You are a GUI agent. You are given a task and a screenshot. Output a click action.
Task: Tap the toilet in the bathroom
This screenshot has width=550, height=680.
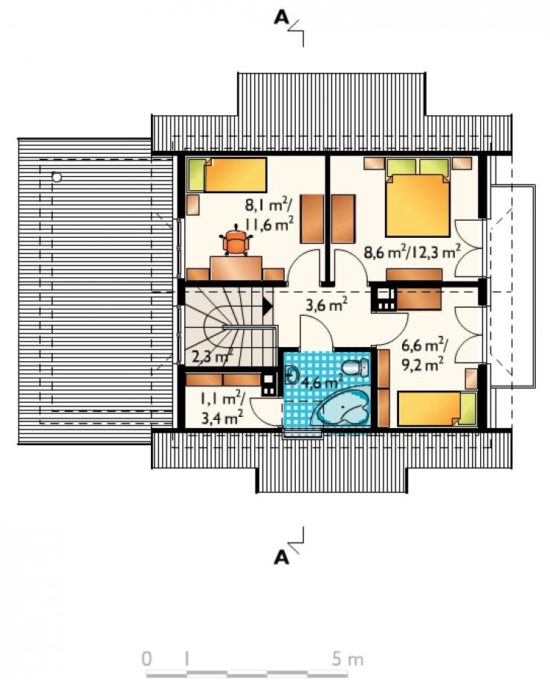[355, 368]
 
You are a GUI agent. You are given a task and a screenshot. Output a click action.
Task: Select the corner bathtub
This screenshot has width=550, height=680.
[342, 408]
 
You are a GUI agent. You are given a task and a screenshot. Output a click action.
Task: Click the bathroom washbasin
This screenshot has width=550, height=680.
[291, 375]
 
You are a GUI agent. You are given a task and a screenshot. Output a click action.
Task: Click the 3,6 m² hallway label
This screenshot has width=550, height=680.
[326, 305]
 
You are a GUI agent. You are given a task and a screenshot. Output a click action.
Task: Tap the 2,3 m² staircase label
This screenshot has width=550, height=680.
[212, 357]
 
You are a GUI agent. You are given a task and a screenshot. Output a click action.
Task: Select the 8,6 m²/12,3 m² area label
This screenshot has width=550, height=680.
[412, 251]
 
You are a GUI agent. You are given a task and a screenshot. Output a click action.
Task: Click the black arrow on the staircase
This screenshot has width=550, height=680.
[267, 306]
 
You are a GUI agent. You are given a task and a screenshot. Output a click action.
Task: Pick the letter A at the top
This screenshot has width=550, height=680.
[282, 17]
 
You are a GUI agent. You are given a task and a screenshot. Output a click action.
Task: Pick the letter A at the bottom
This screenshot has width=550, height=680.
[282, 557]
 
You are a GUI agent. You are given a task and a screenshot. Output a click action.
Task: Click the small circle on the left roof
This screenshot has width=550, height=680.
[56, 177]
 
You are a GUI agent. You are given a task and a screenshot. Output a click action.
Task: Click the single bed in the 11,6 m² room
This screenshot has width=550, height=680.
[227, 175]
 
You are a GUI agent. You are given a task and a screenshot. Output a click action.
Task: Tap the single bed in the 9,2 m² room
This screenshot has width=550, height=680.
[437, 409]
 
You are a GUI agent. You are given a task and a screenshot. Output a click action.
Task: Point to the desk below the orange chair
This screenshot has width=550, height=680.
[236, 268]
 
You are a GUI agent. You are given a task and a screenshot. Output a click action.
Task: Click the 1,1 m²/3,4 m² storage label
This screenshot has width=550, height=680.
[222, 408]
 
